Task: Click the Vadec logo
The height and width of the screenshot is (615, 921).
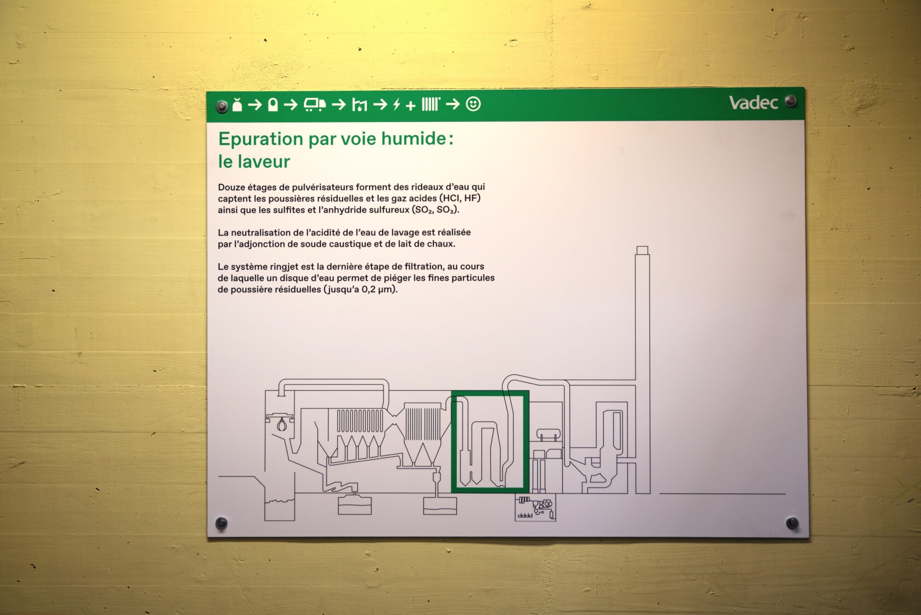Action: [753, 103]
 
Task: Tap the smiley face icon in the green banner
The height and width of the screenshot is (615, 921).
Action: [473, 104]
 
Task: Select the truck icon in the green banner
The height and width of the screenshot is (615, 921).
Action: [315, 105]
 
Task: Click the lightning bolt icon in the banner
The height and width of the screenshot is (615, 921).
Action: [396, 105]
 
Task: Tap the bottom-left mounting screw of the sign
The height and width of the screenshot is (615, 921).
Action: [222, 523]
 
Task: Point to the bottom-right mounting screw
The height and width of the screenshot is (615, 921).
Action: [792, 522]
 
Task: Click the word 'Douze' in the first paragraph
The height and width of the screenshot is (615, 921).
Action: [232, 187]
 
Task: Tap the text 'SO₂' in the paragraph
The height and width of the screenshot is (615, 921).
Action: [424, 210]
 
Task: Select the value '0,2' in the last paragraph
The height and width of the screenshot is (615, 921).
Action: [368, 289]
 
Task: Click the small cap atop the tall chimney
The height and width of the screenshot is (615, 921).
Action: [642, 250]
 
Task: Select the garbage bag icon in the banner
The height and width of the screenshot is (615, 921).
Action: [237, 105]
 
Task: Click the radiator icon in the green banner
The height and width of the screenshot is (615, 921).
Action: [431, 104]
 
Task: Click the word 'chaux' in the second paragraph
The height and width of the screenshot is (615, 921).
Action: [442, 244]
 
